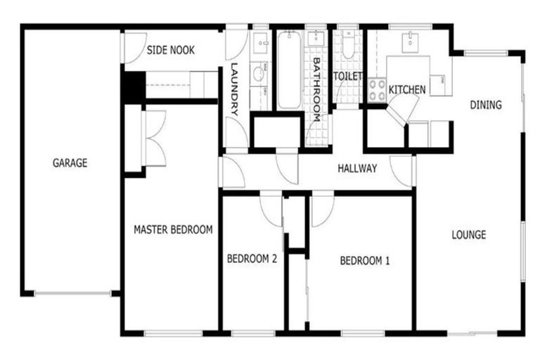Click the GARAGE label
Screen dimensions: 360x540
tap(70, 163)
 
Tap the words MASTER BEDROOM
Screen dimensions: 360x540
tap(173, 229)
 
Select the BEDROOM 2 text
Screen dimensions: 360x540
tap(252, 259)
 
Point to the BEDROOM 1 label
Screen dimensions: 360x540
tap(364, 261)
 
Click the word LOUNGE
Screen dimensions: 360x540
tap(468, 235)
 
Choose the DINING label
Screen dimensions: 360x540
tap(486, 105)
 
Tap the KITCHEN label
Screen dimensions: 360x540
tap(407, 90)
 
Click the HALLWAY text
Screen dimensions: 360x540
tap(357, 169)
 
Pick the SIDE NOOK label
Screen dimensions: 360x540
tap(171, 51)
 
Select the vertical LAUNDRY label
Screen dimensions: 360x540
tap(235, 90)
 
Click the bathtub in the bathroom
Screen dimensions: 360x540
tap(288, 70)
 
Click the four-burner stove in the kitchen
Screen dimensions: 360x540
tap(376, 91)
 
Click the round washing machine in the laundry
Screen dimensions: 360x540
tap(259, 72)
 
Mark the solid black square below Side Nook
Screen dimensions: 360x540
tap(133, 86)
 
